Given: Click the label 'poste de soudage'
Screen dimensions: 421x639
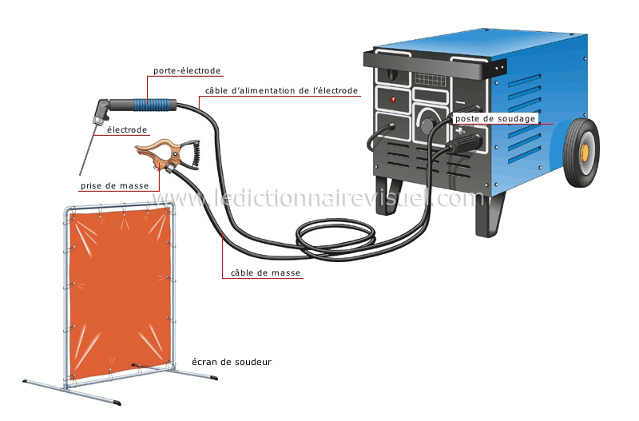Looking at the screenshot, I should click(494, 118).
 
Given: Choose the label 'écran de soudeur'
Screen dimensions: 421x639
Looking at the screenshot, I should click(232, 362).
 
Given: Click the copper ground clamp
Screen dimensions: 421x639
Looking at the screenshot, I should click(160, 152).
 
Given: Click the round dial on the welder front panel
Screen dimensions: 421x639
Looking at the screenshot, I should click(429, 124).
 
